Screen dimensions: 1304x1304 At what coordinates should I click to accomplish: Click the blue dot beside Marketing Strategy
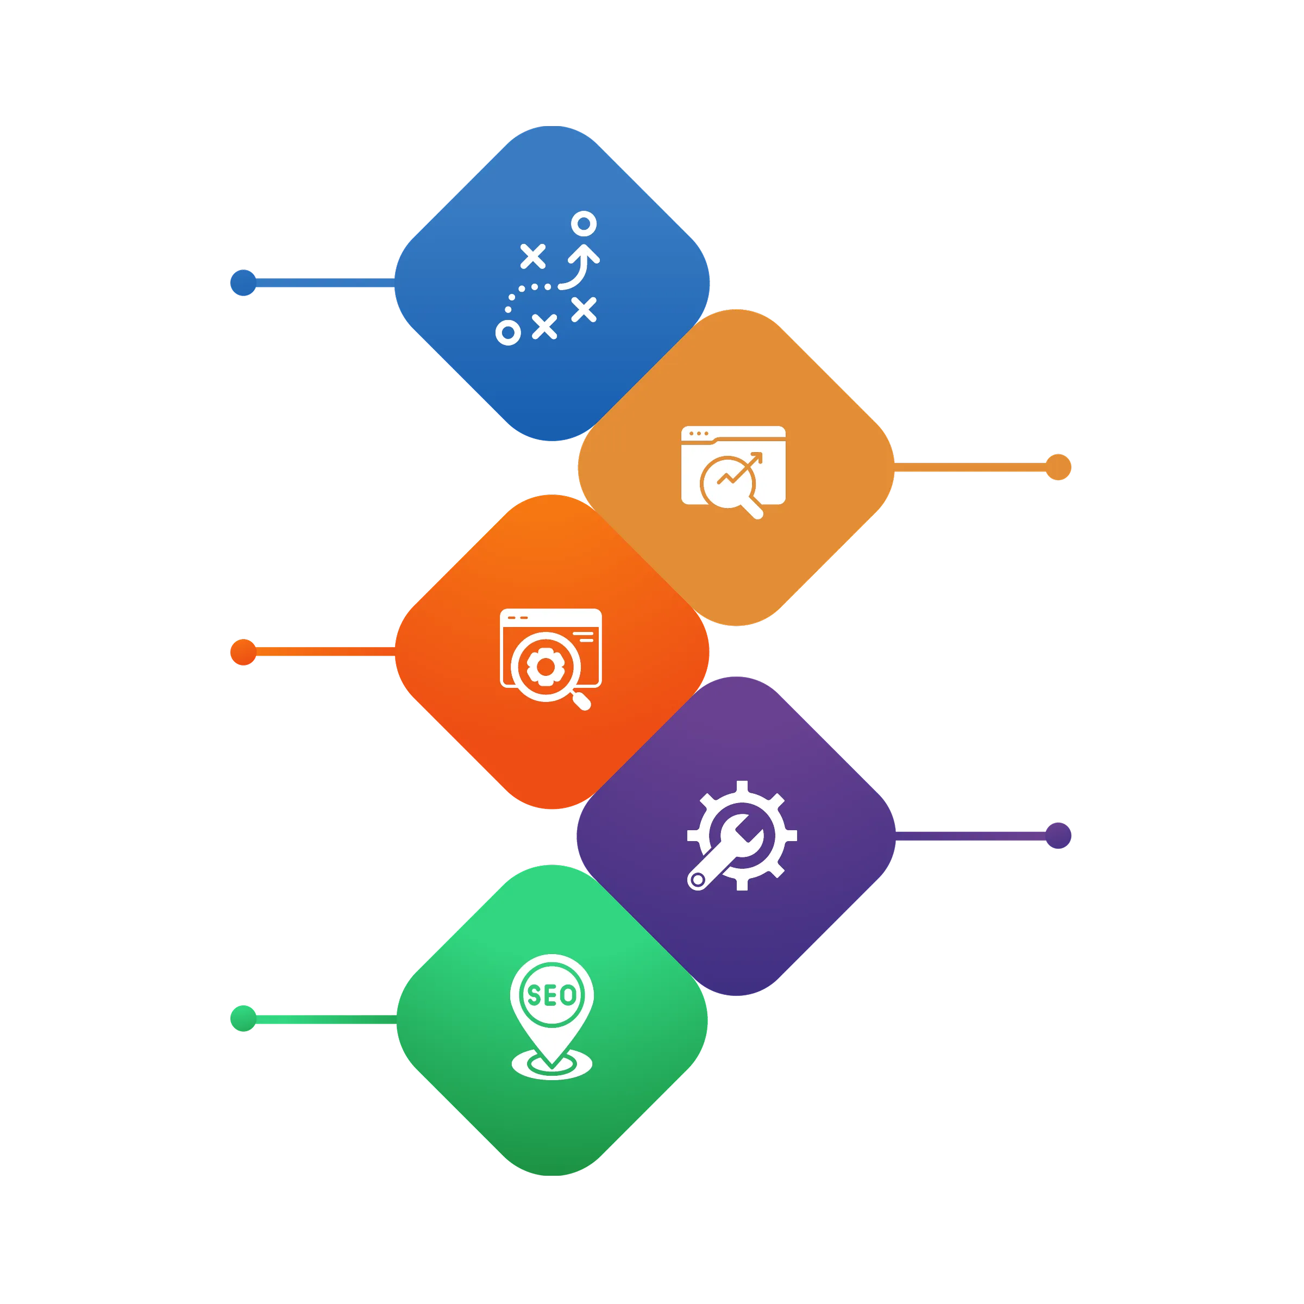point(243,283)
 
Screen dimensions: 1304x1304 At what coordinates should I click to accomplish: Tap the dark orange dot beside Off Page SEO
point(243,652)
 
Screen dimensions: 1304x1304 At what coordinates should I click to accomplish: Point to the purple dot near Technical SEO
point(1058,836)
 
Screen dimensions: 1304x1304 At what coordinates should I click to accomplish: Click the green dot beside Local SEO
point(243,1019)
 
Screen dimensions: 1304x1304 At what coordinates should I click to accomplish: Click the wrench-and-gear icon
point(741,836)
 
